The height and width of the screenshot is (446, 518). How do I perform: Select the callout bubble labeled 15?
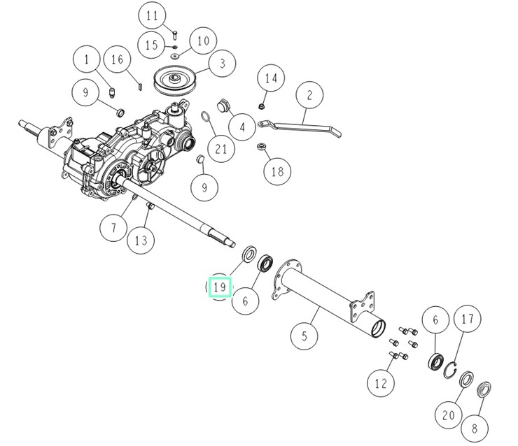point(152,45)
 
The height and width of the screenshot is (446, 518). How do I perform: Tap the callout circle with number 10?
point(202,41)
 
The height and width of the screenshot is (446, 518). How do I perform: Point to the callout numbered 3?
point(222,64)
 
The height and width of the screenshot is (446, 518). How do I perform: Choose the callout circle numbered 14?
point(271,78)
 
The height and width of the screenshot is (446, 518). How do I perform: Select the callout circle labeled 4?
point(242,127)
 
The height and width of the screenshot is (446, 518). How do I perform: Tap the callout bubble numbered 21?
point(221,149)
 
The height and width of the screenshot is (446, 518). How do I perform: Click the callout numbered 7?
point(113,226)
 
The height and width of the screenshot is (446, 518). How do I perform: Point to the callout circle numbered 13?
point(141,241)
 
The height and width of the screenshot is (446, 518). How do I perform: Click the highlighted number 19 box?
point(220,286)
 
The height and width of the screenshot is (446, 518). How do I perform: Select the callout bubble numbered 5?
point(304,336)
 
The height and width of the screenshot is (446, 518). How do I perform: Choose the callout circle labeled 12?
point(381,382)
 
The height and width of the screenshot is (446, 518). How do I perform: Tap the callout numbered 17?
point(467,319)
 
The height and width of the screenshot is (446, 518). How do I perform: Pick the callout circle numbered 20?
point(448,415)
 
